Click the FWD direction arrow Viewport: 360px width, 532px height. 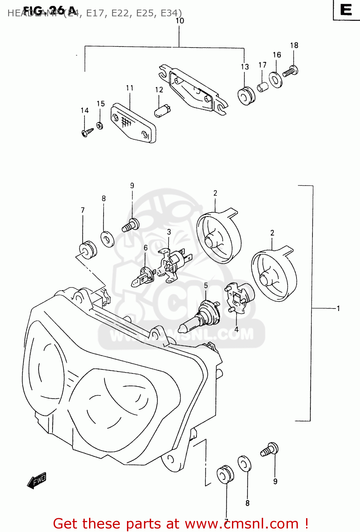pos(37,481)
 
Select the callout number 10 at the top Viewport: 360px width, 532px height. pos(180,21)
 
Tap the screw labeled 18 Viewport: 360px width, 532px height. pos(290,71)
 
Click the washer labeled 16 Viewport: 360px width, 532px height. pos(275,79)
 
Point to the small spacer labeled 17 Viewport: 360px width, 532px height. pos(262,87)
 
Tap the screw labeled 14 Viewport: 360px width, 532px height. pos(87,132)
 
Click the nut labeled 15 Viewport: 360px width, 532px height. pos(100,125)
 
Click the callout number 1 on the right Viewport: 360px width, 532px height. pos(338,308)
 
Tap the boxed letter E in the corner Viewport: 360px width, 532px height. pos(346,10)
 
